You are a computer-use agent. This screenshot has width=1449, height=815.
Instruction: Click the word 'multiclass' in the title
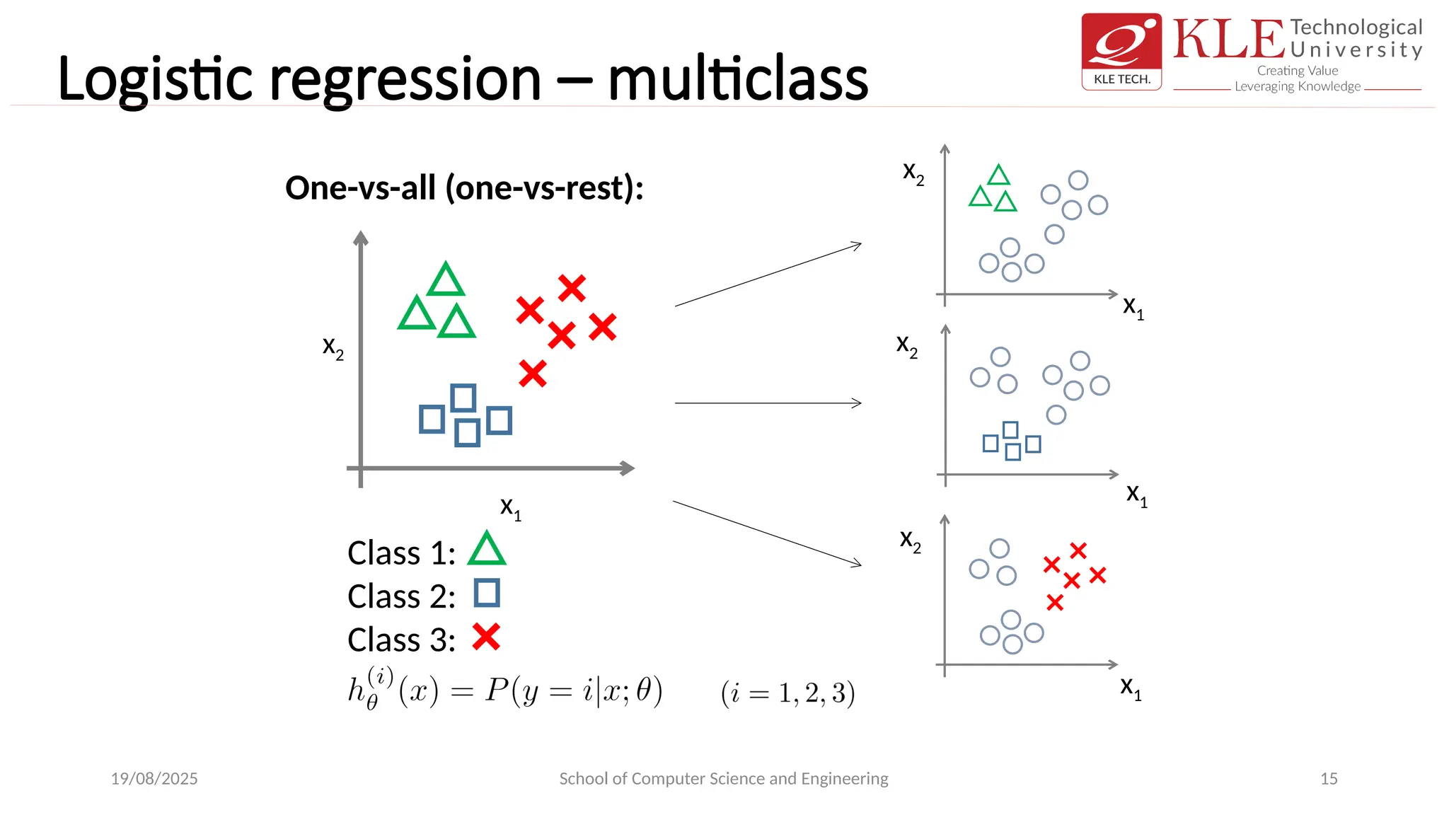point(737,79)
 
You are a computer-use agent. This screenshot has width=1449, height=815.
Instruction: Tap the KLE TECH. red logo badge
point(1121,51)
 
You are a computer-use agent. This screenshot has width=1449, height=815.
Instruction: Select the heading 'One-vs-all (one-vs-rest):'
point(464,188)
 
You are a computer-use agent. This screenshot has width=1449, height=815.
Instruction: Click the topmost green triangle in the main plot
point(446,281)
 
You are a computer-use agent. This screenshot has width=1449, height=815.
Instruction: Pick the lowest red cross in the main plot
point(533,374)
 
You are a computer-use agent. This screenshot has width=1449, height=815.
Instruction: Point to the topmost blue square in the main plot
point(463,398)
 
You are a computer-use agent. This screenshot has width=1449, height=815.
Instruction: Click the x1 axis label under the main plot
point(510,507)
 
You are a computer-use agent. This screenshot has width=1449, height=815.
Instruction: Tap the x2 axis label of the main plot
point(333,347)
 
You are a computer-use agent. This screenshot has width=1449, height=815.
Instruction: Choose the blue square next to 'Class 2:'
point(487,593)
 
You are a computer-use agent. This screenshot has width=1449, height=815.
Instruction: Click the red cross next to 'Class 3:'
point(486,637)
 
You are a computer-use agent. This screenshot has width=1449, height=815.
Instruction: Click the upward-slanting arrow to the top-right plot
point(768,274)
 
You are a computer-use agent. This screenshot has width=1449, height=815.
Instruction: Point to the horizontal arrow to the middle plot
point(768,403)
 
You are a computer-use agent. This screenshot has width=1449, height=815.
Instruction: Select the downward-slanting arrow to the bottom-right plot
point(768,534)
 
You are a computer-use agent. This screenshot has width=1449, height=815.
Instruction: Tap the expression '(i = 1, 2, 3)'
point(787,693)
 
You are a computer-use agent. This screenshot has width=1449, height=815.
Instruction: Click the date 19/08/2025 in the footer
point(154,778)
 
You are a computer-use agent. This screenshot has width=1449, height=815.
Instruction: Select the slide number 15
point(1329,778)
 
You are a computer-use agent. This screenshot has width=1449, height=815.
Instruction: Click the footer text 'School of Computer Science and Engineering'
point(723,778)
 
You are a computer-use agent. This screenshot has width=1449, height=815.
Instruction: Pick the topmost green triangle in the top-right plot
point(998,175)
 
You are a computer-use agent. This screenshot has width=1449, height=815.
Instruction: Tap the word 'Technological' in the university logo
point(1356,28)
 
